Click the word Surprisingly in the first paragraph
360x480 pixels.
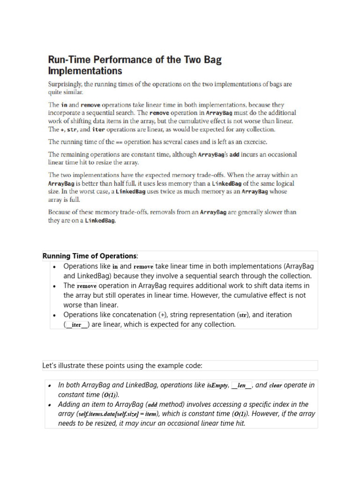click(x=65, y=84)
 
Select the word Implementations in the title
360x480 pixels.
click(x=85, y=71)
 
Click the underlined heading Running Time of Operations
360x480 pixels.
click(x=90, y=256)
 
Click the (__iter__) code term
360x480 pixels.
click(x=76, y=325)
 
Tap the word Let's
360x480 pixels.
click(x=50, y=366)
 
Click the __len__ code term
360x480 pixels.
click(x=242, y=385)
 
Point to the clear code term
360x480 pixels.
click(x=275, y=385)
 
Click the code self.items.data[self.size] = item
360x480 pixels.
click(x=118, y=414)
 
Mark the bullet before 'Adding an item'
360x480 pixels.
click(x=49, y=405)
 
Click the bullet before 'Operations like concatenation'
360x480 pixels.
click(x=55, y=315)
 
